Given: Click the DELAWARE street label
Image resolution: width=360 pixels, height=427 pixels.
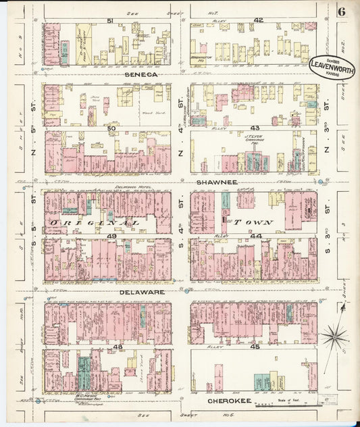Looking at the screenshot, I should (x=143, y=292).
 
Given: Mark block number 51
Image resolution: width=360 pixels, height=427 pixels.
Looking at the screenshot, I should (x=109, y=21).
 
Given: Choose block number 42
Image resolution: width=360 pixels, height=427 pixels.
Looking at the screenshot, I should (x=258, y=21).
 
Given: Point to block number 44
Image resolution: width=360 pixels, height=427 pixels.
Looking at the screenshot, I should (x=255, y=236).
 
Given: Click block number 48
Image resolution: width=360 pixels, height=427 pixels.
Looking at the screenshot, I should (x=118, y=347).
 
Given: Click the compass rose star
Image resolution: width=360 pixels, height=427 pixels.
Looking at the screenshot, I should (x=335, y=334).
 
